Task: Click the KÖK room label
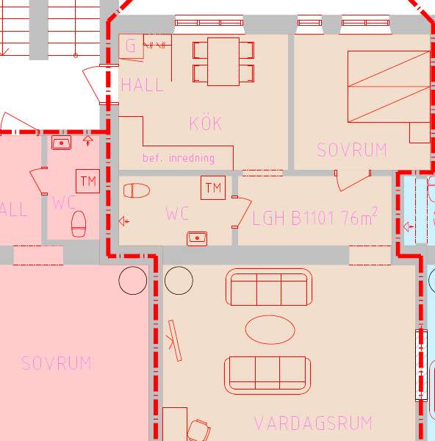pyautogui.click(x=206, y=123)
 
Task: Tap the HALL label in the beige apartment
pyautogui.click(x=142, y=85)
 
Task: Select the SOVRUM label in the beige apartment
pyautogui.click(x=352, y=150)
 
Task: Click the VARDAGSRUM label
pyautogui.click(x=313, y=423)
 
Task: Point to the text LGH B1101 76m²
pyautogui.click(x=314, y=216)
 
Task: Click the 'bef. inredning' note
pyautogui.click(x=179, y=158)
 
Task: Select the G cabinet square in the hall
pyautogui.click(x=131, y=46)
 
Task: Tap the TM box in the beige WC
pyautogui.click(x=213, y=188)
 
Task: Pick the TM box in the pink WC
pyautogui.click(x=87, y=181)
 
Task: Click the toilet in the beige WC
pyautogui.click(x=137, y=190)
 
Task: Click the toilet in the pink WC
pyautogui.click(x=79, y=224)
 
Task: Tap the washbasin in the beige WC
pyautogui.click(x=197, y=239)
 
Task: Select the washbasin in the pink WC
pyautogui.click(x=61, y=143)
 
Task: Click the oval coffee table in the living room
pyautogui.click(x=270, y=329)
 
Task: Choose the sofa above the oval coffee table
pyautogui.click(x=269, y=287)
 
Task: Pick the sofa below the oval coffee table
pyautogui.click(x=267, y=376)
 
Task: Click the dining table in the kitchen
pyautogui.click(x=223, y=62)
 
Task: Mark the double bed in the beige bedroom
pyautogui.click(x=389, y=87)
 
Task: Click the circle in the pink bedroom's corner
pyautogui.click(x=133, y=281)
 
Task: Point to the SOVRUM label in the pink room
pyautogui.click(x=57, y=363)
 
